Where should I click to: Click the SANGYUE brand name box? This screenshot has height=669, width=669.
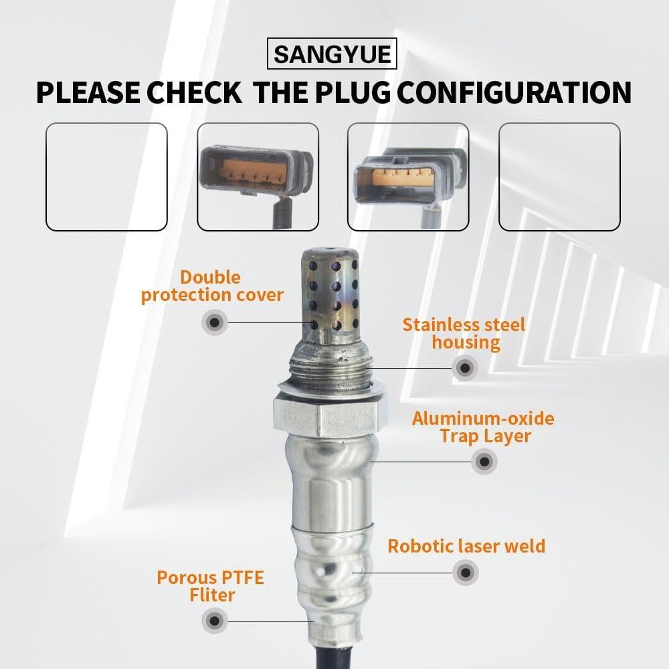click(332, 54)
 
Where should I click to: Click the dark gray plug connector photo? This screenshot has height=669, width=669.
click(257, 177)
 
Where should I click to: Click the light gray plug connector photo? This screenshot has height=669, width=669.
click(408, 177)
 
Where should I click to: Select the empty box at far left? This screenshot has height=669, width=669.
click(106, 177)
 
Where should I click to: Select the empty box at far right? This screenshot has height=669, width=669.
click(559, 177)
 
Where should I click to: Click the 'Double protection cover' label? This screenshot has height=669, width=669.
click(212, 286)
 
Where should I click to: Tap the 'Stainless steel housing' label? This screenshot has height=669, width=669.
click(464, 334)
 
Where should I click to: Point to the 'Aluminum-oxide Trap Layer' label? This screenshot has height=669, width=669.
click(483, 427)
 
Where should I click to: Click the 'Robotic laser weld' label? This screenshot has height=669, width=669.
click(466, 546)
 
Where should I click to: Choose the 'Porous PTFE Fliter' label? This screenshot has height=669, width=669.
click(210, 586)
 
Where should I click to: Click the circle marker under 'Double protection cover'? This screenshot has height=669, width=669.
click(214, 322)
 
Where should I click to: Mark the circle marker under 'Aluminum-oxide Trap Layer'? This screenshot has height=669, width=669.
click(484, 462)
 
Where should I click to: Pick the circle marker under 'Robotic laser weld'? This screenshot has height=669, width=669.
click(465, 573)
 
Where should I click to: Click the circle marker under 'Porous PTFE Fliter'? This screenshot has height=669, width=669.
click(214, 621)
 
